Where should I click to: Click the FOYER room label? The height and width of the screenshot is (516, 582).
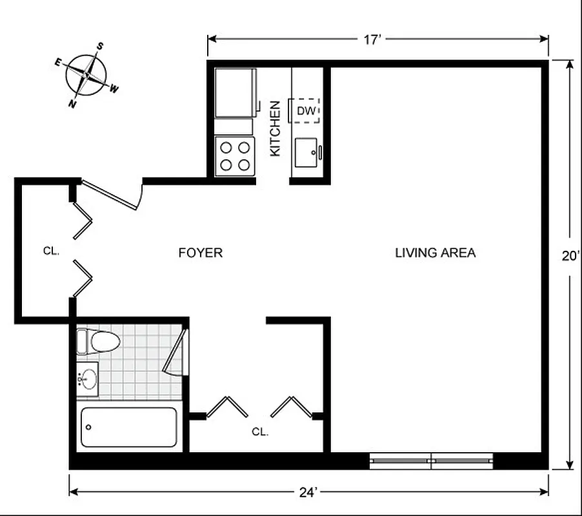point(200,253)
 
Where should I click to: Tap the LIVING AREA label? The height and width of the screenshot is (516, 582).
point(435,253)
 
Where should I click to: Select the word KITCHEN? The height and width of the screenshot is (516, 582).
point(275,128)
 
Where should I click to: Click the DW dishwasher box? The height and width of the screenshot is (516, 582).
point(306,111)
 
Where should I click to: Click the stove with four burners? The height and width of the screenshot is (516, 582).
point(235,155)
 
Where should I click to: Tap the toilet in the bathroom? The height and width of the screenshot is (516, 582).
point(97,341)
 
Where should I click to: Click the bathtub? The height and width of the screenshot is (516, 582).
point(128,427)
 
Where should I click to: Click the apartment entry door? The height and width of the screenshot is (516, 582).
point(111,195)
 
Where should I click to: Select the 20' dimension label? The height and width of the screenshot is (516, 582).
point(568,256)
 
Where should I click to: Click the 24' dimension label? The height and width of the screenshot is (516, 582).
point(308,493)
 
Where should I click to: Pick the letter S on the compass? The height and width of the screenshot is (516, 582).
point(101,46)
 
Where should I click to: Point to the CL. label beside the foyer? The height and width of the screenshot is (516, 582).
point(52,251)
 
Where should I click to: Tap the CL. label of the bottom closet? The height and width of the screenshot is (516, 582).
point(260,432)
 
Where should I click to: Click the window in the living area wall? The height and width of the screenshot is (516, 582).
point(430,461)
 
